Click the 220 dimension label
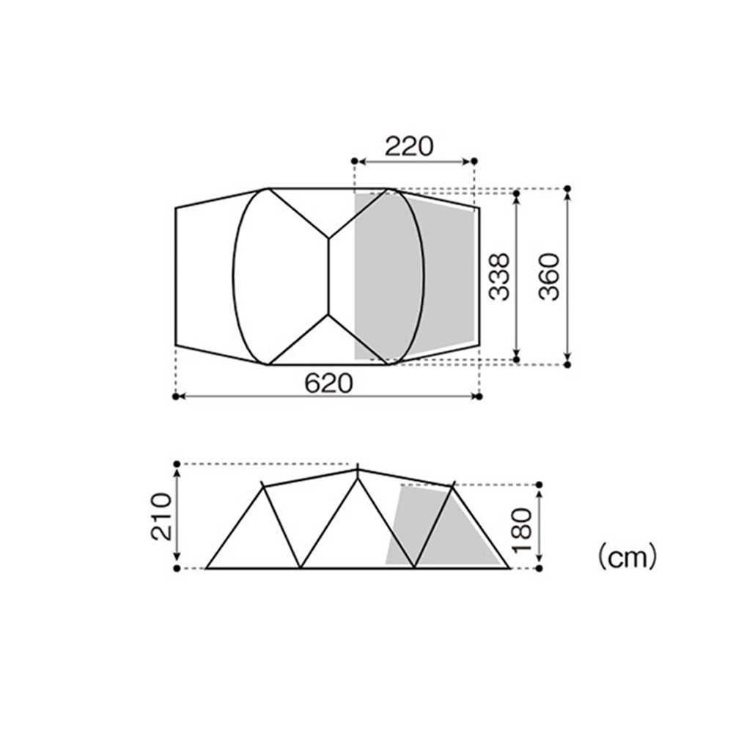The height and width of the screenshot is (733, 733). coord(409,146)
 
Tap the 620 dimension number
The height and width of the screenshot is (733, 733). coord(328,383)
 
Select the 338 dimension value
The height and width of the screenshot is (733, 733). coord(498,277)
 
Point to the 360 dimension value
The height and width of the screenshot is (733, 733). coord(549,277)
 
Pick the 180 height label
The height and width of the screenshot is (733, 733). coord(522,529)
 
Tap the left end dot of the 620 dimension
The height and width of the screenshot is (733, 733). coord(176,397)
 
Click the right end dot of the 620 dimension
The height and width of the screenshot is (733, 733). coord(479,397)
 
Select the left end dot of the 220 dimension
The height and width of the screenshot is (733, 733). coord(354,161)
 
